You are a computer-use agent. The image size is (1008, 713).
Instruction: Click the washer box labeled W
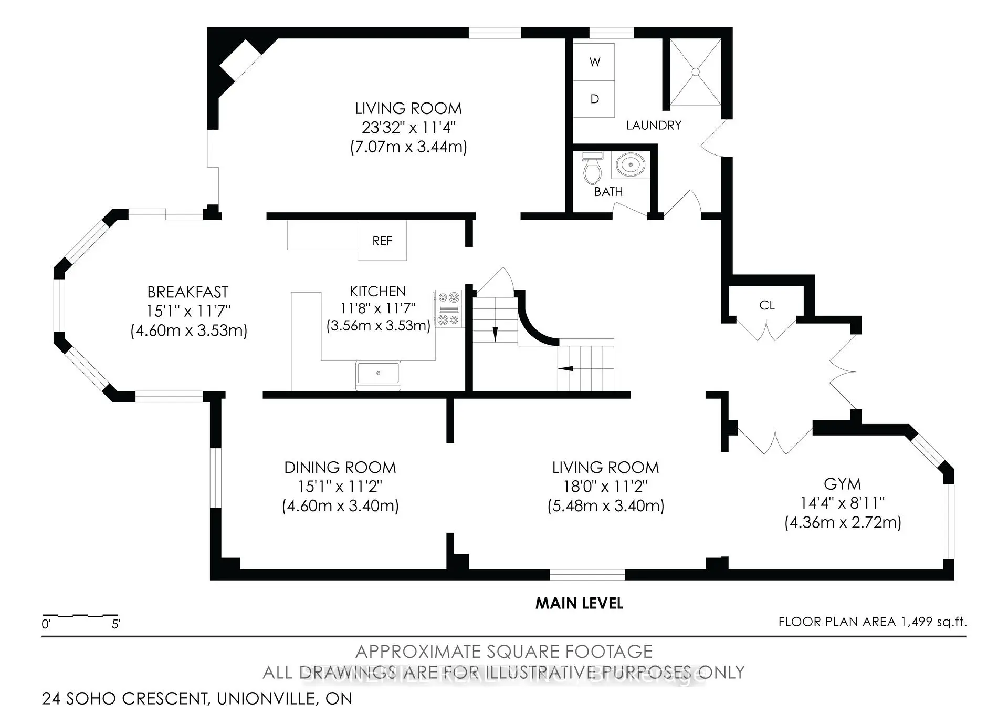tap(594, 61)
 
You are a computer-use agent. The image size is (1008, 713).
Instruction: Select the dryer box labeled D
tap(594, 99)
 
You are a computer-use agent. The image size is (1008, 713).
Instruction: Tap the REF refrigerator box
tap(382, 241)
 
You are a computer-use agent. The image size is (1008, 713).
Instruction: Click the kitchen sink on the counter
tap(378, 374)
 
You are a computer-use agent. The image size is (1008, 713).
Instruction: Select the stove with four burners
tap(448, 309)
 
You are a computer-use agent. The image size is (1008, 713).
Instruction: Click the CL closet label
tap(766, 306)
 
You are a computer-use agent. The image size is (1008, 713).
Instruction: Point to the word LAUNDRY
tap(654, 126)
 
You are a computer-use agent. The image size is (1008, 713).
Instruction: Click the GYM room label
tap(842, 484)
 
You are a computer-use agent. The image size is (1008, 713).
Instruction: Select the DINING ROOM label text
tap(340, 468)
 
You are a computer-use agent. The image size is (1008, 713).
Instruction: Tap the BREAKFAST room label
tap(188, 292)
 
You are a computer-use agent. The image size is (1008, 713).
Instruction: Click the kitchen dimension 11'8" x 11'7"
tap(378, 308)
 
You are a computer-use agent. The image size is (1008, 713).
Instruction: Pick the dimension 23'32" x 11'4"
tap(408, 128)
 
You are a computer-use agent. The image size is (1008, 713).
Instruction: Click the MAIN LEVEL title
tap(579, 604)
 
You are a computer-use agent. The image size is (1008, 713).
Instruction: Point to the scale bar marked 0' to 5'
tap(80, 615)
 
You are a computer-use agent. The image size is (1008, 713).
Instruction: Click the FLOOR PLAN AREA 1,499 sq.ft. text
tap(872, 622)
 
